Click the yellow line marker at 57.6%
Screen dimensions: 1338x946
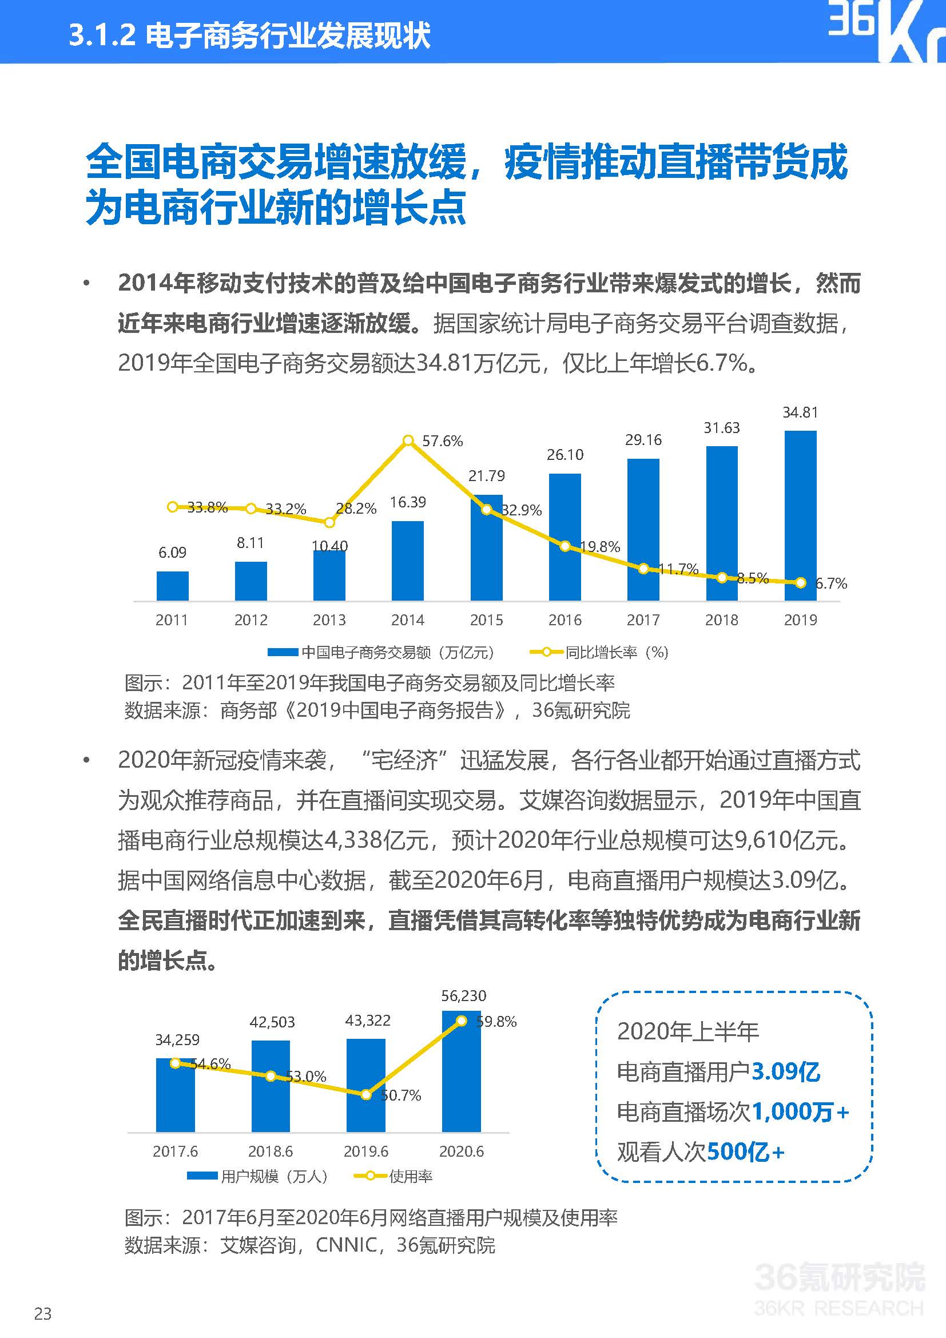pos(408,440)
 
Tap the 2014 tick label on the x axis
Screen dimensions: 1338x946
pos(408,620)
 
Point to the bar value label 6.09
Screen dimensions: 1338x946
pos(172,553)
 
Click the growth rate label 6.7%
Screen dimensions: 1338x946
pos(831,583)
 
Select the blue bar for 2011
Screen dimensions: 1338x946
pos(172,586)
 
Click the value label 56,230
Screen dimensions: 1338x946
pos(464,996)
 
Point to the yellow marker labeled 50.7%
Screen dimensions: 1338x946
pos(366,1095)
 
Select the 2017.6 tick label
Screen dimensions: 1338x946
pos(176,1152)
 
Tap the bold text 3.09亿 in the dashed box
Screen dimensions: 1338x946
pos(786,1071)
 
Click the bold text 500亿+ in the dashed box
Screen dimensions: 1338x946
pos(746,1152)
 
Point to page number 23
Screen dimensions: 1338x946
pos(42,1313)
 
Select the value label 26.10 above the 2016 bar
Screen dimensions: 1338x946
pos(565,455)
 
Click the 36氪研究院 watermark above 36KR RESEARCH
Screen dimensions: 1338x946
pos(840,1277)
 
